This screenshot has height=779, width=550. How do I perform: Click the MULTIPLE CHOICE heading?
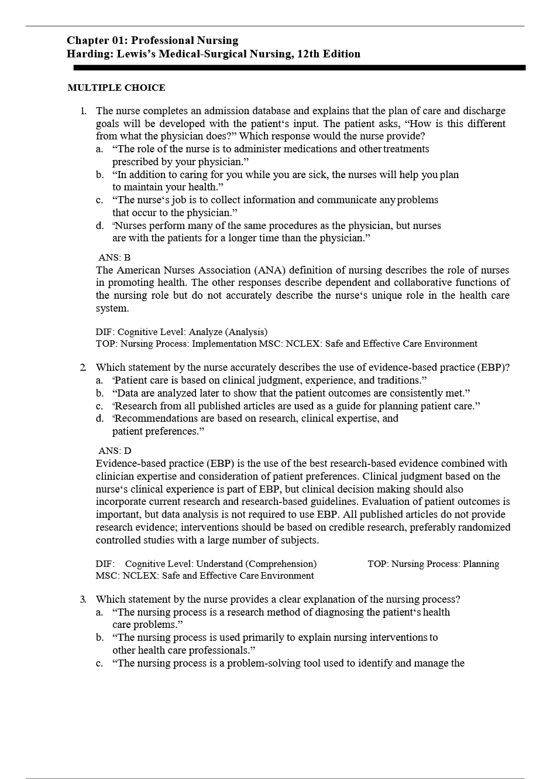tap(116, 88)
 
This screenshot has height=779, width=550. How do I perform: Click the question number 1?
tap(83, 111)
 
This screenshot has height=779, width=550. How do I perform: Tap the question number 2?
tap(83, 367)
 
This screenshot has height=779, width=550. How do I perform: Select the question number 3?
tap(83, 599)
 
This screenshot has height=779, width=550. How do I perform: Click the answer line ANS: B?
tap(114, 258)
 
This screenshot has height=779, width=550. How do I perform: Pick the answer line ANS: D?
tap(115, 451)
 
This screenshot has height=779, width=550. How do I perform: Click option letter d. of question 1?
tap(100, 225)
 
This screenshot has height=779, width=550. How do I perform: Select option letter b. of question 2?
tap(100, 393)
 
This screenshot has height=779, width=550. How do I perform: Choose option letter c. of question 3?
tap(100, 663)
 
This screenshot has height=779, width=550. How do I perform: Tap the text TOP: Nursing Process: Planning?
tap(433, 564)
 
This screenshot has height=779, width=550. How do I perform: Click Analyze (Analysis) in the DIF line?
tap(228, 332)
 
